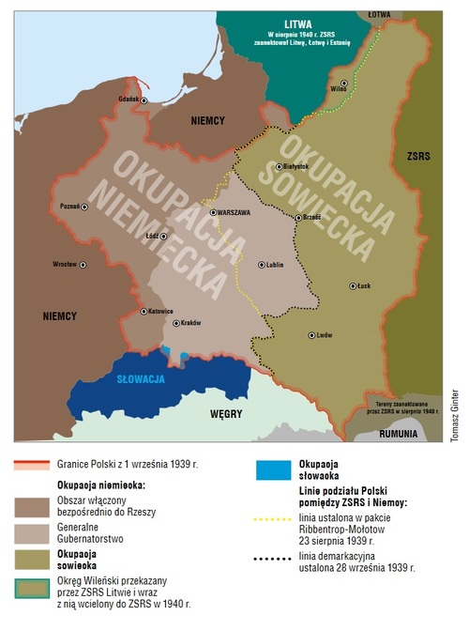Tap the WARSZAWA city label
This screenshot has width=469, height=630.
pyautogui.click(x=230, y=213)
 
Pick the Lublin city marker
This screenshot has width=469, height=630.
pyautogui.click(x=260, y=265)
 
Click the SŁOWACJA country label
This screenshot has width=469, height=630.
pyautogui.click(x=142, y=379)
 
